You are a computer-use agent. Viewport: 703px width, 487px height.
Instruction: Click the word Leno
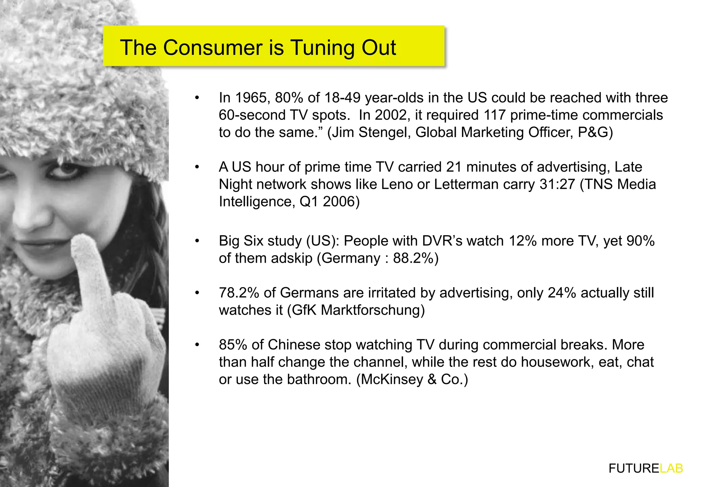pos(397,184)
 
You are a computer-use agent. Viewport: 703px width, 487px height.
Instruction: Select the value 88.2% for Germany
pos(413,258)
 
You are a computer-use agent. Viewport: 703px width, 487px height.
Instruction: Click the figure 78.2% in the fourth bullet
pos(239,293)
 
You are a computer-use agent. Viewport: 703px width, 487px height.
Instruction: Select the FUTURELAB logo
pos(646,468)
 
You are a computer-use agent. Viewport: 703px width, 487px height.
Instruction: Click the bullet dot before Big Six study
pos(197,241)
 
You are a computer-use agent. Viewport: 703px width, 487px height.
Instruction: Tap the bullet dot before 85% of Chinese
pos(197,345)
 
